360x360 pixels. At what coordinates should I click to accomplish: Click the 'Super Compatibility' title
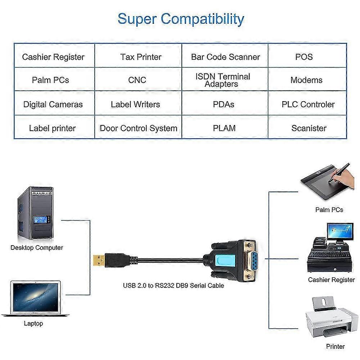point(181,19)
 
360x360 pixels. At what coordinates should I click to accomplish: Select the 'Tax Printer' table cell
point(141,57)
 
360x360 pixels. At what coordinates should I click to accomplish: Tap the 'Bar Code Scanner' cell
point(225,57)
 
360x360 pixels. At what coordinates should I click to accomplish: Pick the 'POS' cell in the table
point(304,57)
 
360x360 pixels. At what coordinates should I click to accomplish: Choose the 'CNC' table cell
point(137,80)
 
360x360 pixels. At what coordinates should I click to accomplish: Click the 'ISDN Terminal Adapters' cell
point(222,80)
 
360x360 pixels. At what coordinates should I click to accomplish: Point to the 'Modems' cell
point(306,80)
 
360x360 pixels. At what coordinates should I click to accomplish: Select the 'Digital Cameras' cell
point(53,104)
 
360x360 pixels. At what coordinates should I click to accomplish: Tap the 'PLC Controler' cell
point(308,104)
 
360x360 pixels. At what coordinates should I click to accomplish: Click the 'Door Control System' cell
point(139,128)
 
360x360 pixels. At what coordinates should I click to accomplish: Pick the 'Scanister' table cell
point(309,128)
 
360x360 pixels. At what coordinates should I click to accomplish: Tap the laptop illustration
point(35,299)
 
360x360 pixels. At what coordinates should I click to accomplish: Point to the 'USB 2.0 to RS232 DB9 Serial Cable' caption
point(174,285)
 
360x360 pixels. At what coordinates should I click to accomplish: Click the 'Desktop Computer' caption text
point(37,248)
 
